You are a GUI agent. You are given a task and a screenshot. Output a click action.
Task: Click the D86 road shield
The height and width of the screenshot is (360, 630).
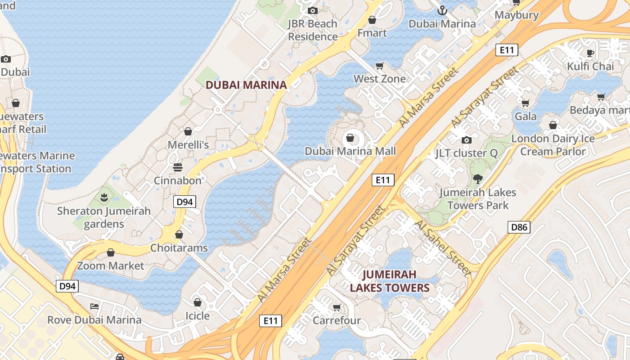pyautogui.click(x=519, y=227)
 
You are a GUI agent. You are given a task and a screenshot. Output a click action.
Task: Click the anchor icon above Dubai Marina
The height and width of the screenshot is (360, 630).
pyautogui.click(x=442, y=10)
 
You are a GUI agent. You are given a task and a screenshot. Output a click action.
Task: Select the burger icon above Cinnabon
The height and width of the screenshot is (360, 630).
pyautogui.click(x=178, y=167)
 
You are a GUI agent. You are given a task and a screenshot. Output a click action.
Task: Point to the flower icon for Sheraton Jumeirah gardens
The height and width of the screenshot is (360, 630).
pyautogui.click(x=104, y=197)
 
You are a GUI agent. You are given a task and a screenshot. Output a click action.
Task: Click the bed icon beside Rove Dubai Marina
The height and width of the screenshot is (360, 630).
pyautogui.click(x=94, y=306)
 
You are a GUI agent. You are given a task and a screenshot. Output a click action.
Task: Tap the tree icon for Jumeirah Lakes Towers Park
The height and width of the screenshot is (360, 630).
pyautogui.click(x=477, y=179)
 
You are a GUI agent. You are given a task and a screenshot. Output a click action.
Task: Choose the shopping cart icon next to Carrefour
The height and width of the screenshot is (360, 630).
pyautogui.click(x=337, y=307)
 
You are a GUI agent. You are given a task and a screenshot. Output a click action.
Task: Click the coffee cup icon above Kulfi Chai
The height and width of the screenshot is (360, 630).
pyautogui.click(x=590, y=53)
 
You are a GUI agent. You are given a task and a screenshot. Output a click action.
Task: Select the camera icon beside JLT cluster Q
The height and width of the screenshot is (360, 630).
pyautogui.click(x=467, y=140)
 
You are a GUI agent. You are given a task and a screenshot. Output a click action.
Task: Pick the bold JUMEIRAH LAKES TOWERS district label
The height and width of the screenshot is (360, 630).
pyautogui.click(x=389, y=281)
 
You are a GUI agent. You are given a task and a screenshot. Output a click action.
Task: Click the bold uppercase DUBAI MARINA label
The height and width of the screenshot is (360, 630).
pyautogui.click(x=246, y=85)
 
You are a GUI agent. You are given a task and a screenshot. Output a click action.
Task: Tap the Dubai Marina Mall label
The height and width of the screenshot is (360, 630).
pyautogui.click(x=350, y=151)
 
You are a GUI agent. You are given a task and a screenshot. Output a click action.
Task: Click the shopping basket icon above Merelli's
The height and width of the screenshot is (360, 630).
pyautogui.click(x=188, y=131)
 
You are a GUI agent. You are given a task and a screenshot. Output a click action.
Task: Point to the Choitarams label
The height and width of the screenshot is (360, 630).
pyautogui.click(x=179, y=248)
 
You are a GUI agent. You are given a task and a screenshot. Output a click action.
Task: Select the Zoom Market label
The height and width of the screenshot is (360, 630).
pyautogui.click(x=111, y=266)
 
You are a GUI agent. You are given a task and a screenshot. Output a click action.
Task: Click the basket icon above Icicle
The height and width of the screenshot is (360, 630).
pyautogui.click(x=197, y=302)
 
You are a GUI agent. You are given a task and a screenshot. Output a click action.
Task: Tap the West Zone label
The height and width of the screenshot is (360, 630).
pyautogui.click(x=379, y=79)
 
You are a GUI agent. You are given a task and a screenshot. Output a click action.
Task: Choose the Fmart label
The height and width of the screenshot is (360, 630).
pyautogui.click(x=372, y=33)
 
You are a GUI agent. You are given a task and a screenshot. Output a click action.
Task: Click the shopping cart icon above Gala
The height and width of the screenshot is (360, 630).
pyautogui.click(x=525, y=103)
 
